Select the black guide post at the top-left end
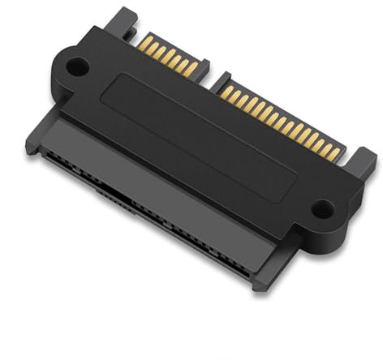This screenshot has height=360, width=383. click(123, 20)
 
